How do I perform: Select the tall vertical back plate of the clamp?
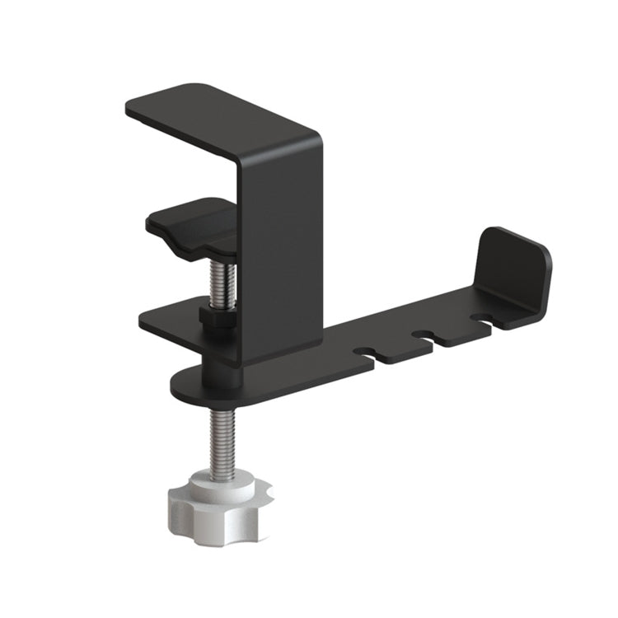click(280, 247)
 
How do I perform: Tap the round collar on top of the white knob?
click(218, 482)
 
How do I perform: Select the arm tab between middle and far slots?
click(452, 330)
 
